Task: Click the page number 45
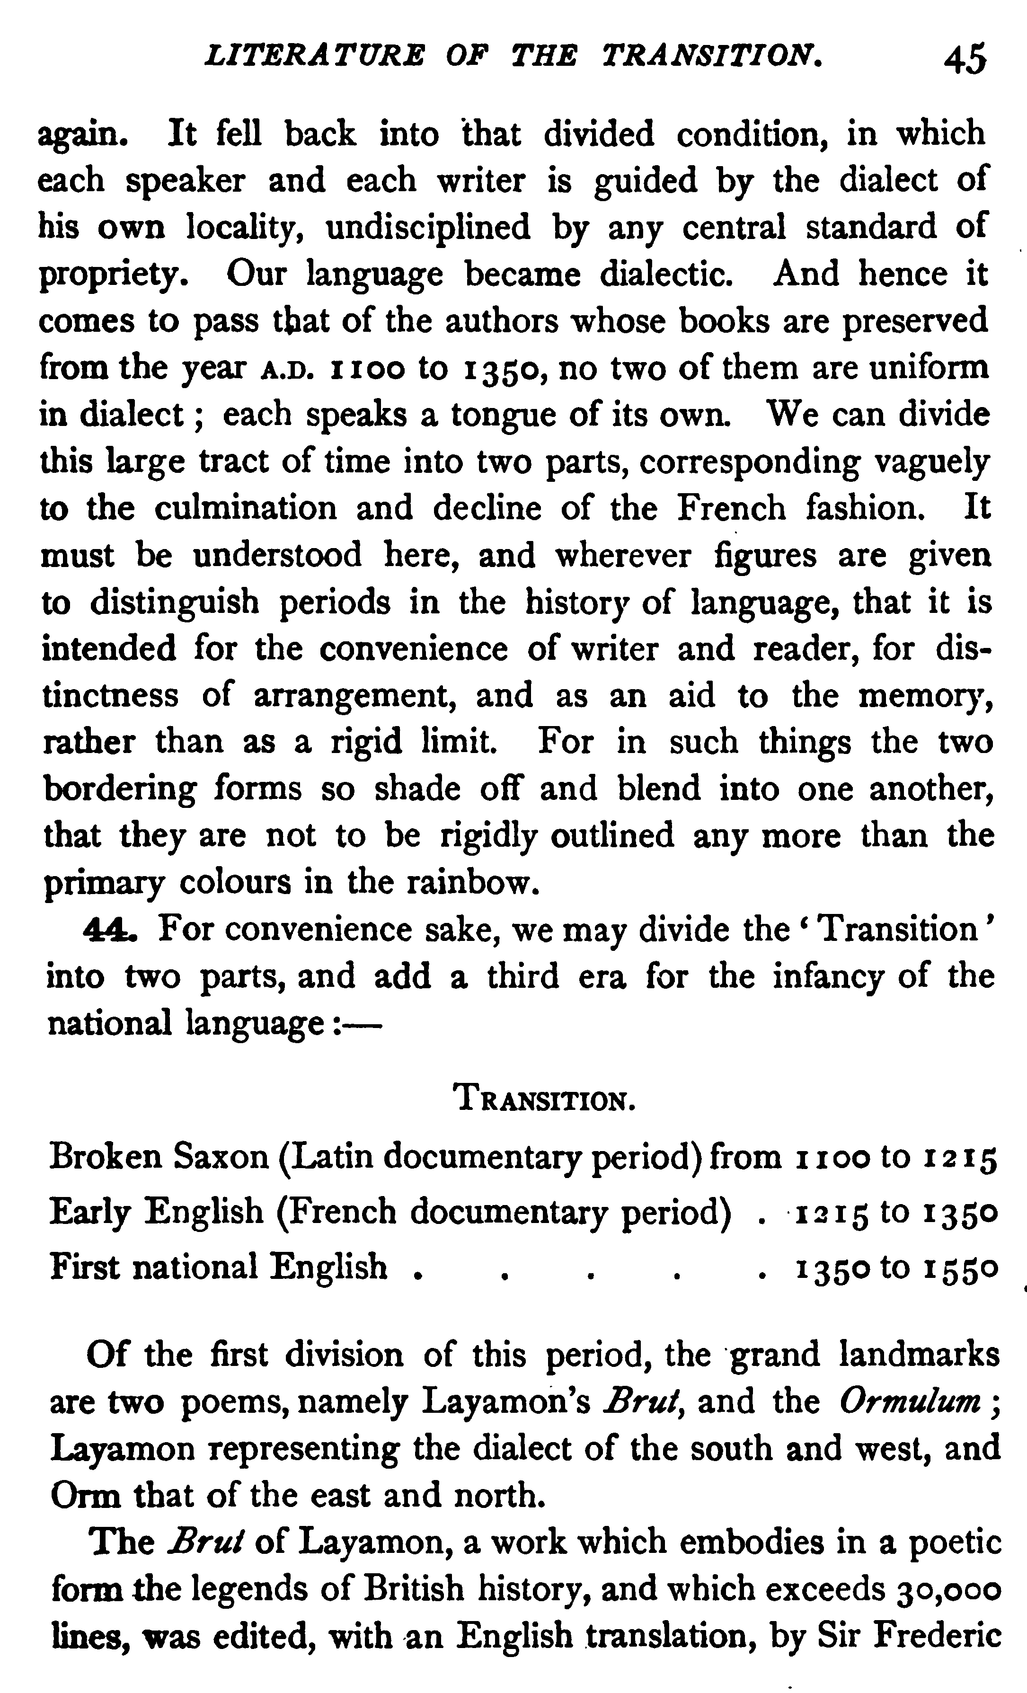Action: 965,59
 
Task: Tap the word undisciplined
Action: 428,228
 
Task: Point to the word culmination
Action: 245,508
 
